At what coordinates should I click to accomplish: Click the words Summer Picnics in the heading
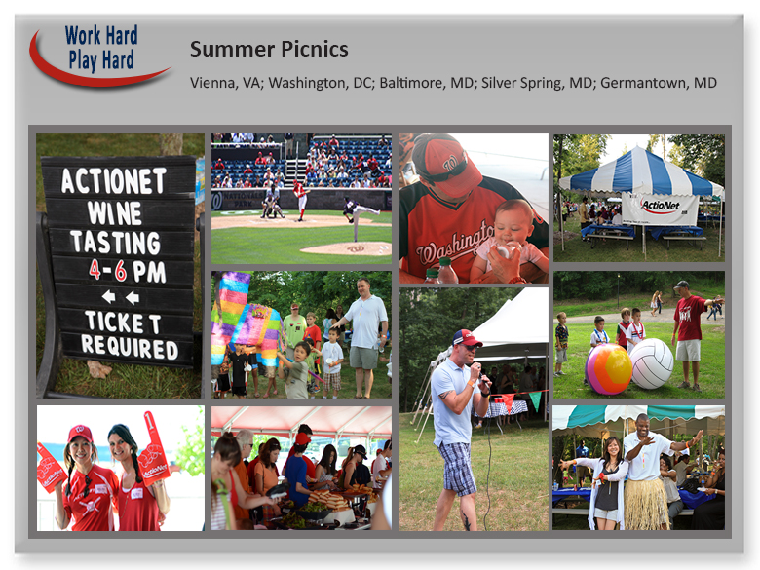tap(269, 50)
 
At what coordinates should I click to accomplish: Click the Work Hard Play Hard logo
tap(100, 56)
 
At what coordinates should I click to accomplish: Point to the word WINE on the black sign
tap(114, 212)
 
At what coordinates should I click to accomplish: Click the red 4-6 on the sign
tap(107, 271)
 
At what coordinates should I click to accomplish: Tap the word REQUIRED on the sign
tap(130, 347)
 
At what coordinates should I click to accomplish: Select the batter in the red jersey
tap(300, 199)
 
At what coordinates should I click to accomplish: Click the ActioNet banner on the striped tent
tap(660, 209)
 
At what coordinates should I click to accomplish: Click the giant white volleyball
tap(650, 363)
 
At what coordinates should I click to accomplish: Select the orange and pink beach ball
tap(608, 369)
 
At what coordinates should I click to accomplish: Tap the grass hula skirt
tap(646, 503)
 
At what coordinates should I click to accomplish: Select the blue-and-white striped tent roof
tap(641, 173)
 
